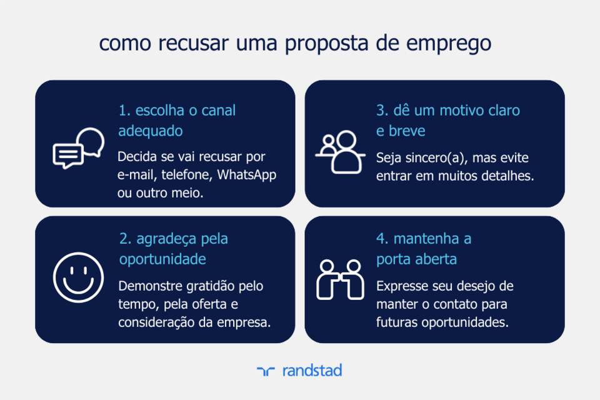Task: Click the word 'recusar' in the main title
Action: pos(194,44)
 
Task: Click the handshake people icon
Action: pos(341,279)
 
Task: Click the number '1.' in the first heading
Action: pos(124,111)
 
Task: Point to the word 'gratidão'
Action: pos(203,286)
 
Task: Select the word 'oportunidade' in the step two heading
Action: pos(162,259)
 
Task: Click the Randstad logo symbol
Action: pos(266,371)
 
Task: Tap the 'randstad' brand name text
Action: pos(312,370)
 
